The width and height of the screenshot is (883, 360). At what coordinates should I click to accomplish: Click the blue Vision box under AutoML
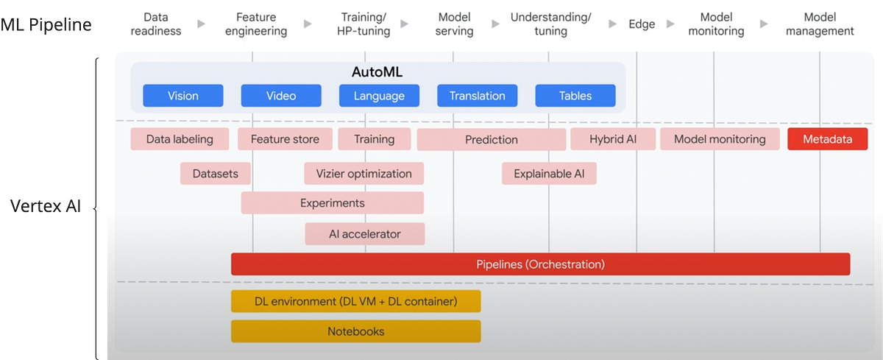coord(182,96)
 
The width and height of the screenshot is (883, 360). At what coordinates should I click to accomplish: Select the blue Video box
coord(281,96)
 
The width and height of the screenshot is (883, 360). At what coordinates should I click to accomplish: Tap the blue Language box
coord(379,96)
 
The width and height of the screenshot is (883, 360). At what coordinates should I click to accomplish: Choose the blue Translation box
coord(477,96)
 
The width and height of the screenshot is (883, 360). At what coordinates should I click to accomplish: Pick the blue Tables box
coord(575,96)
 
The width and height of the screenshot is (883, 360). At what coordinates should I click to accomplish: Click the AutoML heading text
coord(377,72)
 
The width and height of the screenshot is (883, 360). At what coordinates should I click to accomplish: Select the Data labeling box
coord(180,139)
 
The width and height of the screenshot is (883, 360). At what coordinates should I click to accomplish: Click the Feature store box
coord(285,139)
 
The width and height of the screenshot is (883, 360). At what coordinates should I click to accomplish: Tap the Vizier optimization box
coord(364,174)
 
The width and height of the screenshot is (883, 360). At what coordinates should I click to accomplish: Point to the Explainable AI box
coord(549,174)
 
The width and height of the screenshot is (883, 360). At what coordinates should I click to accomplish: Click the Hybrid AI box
coord(612,139)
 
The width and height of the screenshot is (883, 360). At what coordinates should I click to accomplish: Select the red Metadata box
coord(827,139)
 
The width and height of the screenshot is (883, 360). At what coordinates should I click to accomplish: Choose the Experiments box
coord(332,203)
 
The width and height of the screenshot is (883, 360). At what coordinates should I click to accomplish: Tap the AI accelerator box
coord(365,234)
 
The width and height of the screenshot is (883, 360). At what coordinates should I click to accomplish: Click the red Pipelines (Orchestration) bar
coord(540,264)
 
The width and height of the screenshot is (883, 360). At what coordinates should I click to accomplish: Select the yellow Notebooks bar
coord(355,331)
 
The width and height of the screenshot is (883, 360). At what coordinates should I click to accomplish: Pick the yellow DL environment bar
coord(355,301)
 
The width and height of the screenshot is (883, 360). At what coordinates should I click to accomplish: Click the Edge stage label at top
coord(642,24)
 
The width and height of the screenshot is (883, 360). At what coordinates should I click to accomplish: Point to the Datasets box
coord(215,174)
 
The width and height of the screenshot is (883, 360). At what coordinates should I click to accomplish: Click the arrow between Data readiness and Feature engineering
coord(199,24)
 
